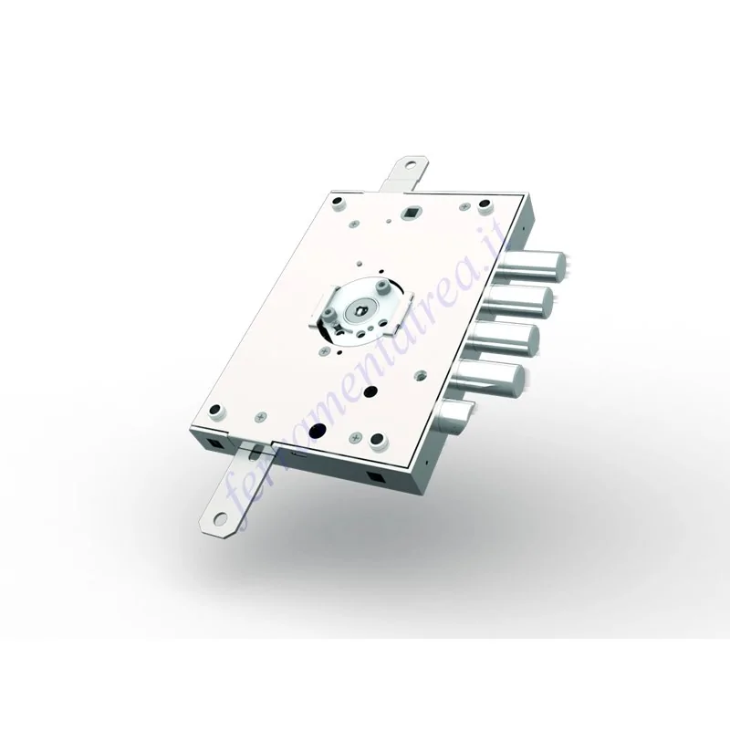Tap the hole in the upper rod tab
coord(402,169)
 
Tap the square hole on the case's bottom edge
coord(376,478)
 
